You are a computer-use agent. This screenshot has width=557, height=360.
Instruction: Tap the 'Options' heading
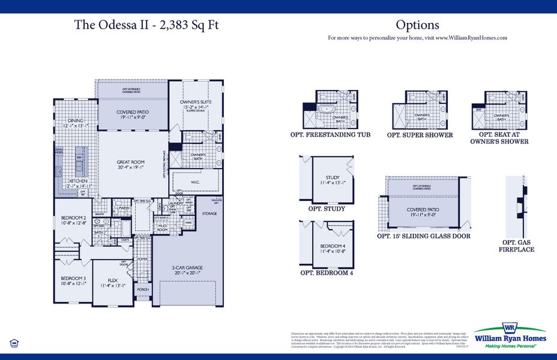click(417, 25)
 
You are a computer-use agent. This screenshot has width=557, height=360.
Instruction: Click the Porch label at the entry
click(142, 289)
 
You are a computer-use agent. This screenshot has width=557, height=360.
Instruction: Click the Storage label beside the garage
click(209, 213)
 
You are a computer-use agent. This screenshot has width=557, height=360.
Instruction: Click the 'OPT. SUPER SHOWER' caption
click(420, 136)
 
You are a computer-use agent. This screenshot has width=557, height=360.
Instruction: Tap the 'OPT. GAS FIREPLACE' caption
click(516, 245)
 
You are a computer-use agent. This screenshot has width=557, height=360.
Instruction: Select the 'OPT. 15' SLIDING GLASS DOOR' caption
click(423, 236)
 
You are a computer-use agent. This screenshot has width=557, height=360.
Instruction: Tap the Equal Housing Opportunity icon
click(14, 343)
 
